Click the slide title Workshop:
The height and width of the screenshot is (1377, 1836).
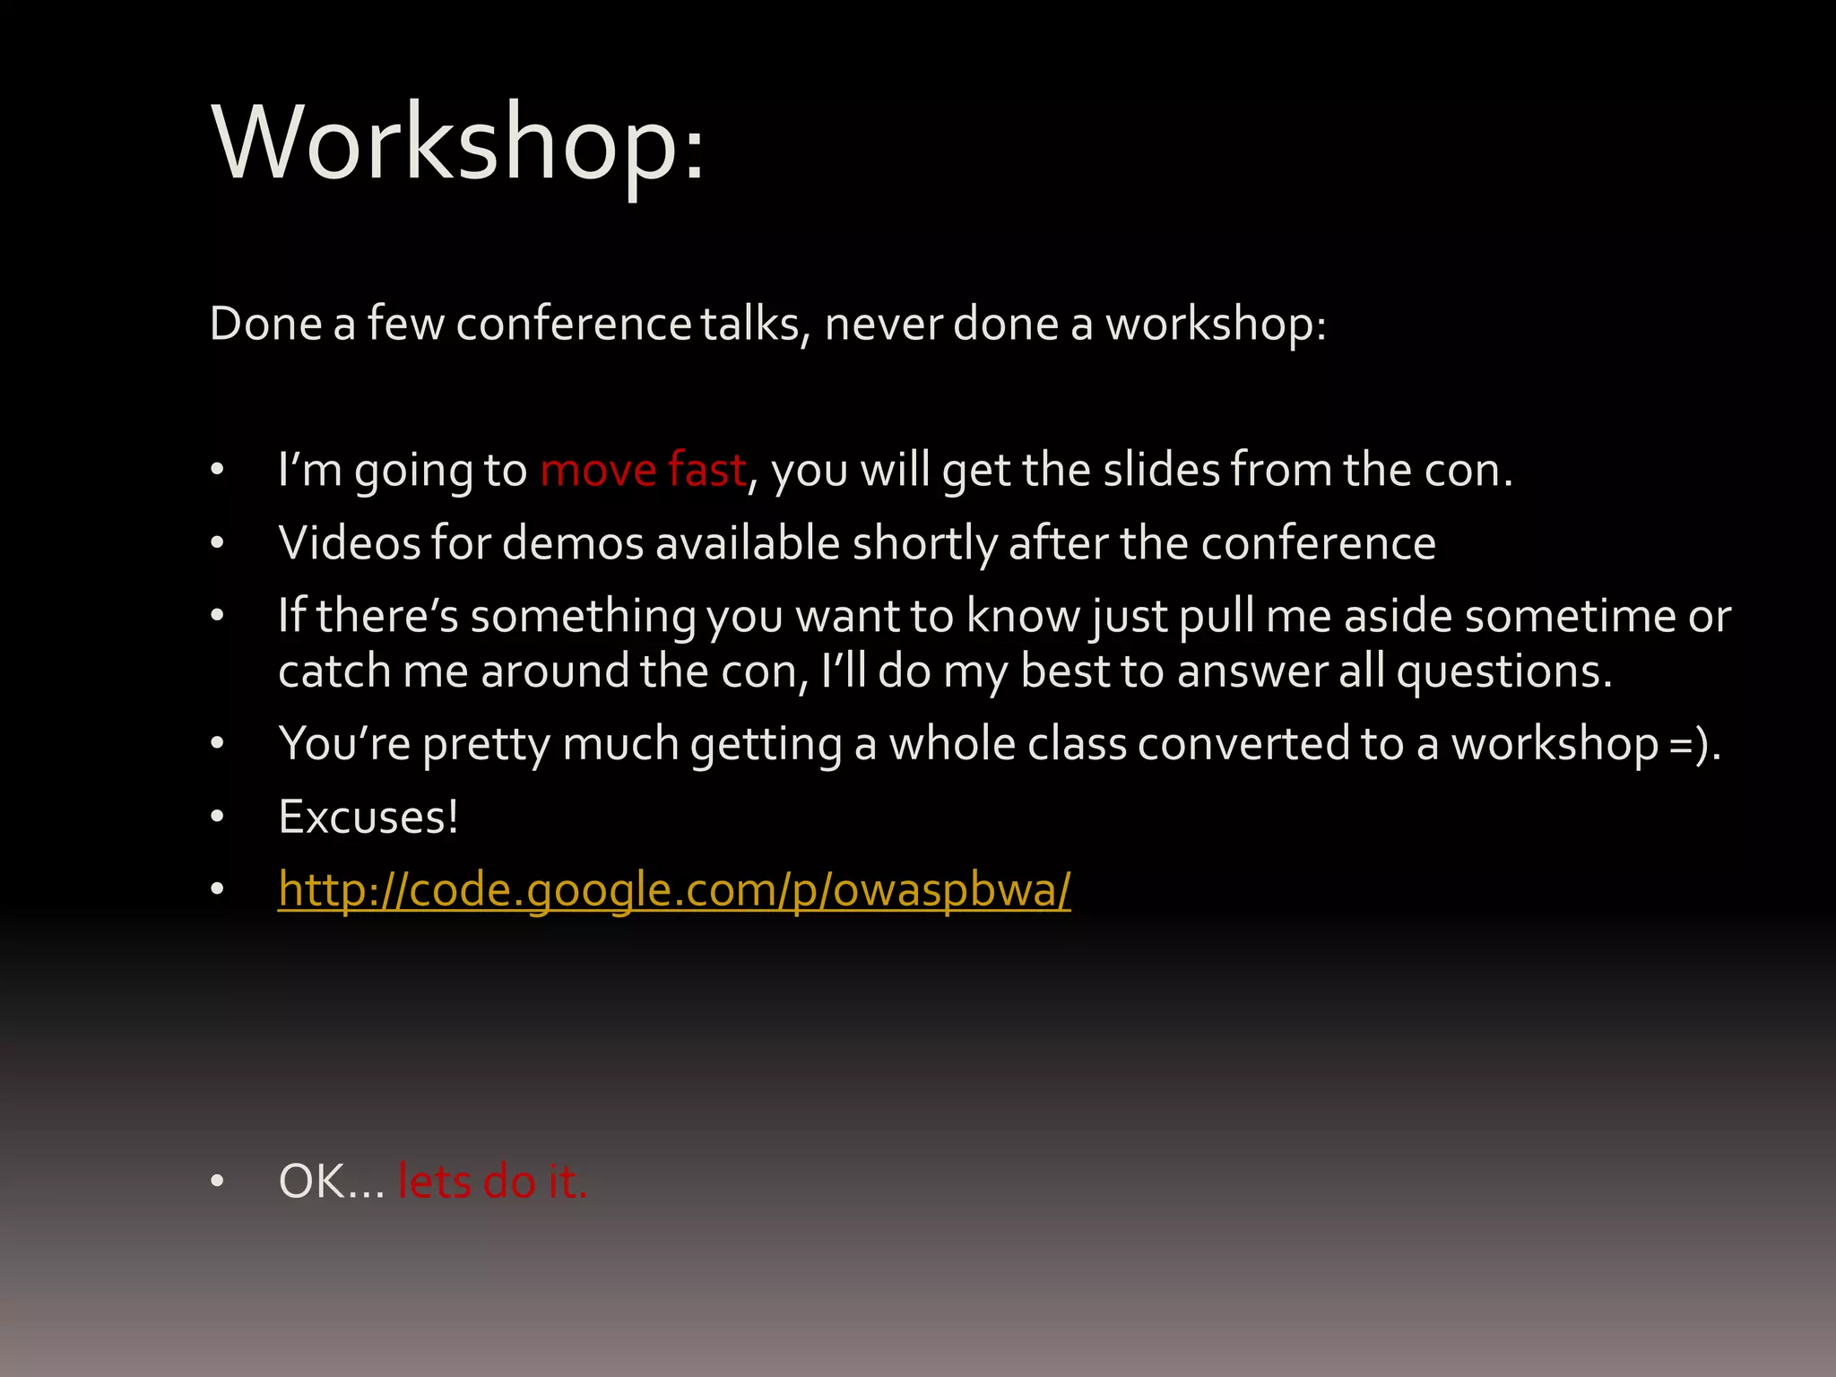458,143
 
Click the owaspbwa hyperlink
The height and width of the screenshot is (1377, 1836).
674,889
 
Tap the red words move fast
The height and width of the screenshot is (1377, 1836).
643,470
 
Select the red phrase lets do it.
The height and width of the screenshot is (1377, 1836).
492,1181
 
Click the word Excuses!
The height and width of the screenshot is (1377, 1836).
368,817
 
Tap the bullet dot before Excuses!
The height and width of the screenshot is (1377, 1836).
217,817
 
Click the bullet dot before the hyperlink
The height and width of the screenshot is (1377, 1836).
217,889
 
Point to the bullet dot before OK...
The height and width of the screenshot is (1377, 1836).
217,1182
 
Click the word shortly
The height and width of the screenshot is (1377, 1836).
924,543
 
